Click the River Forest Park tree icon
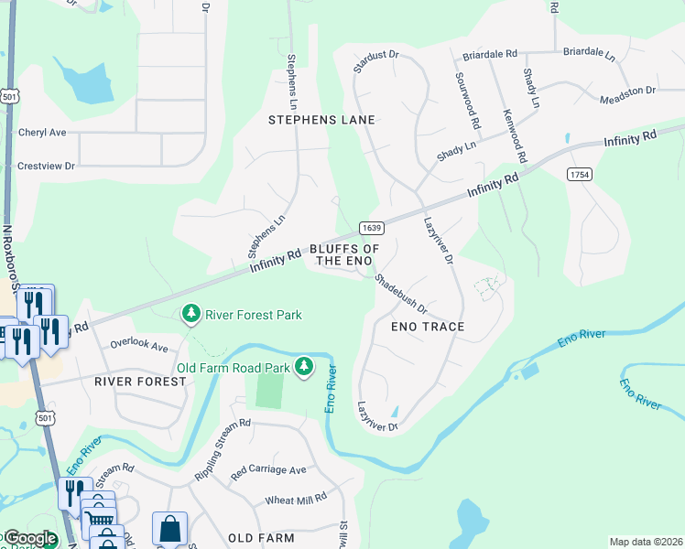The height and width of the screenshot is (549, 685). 191,315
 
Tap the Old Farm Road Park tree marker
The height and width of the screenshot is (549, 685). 304,368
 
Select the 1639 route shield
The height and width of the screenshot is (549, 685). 370,228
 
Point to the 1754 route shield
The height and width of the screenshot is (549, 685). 578,175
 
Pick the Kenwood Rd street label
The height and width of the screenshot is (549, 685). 515,135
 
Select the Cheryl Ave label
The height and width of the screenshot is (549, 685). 42,133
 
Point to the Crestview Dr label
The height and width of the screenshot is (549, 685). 46,167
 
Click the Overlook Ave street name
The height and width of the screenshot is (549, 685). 140,347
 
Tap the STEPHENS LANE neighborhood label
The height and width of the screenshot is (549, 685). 321,120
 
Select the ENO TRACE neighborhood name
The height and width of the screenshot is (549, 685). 428,327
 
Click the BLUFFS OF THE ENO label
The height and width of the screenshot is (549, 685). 344,255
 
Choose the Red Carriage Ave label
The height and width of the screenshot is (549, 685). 268,470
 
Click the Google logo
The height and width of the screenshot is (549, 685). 29,538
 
